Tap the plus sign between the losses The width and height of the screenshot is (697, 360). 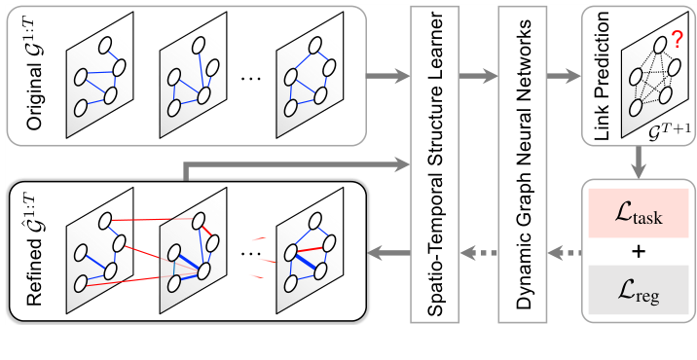[x=638, y=253]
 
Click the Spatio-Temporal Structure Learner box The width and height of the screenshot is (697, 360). [x=435, y=165]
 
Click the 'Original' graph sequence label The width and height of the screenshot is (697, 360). [x=28, y=74]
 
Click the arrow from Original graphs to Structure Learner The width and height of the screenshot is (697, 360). [x=387, y=74]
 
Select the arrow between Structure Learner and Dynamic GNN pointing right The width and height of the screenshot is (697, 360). [x=478, y=74]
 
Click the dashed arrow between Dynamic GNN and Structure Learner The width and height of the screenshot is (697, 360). [x=478, y=256]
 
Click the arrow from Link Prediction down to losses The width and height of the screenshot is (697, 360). [x=638, y=162]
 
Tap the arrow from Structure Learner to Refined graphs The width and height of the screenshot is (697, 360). [x=387, y=256]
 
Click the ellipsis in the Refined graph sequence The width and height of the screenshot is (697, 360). [x=249, y=255]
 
